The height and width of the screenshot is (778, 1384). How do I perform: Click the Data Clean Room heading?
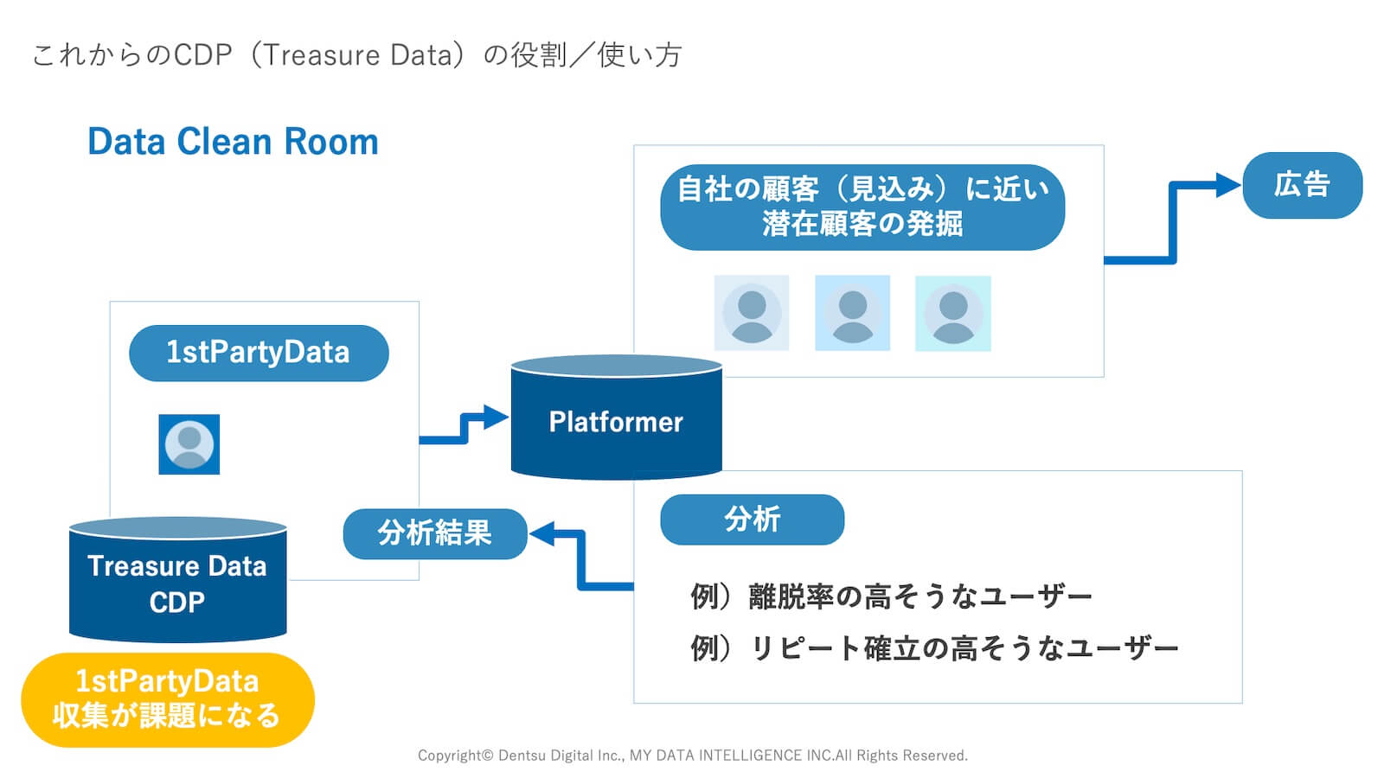pos(233,142)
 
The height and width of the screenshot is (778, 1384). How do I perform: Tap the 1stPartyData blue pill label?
pos(259,353)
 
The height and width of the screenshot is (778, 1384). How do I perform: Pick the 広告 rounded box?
pos(1302,185)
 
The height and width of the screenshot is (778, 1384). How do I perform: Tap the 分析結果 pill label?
pos(434,533)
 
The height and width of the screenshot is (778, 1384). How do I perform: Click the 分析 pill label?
pos(752,520)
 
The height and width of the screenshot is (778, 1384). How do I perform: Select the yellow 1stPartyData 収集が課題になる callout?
pos(167,699)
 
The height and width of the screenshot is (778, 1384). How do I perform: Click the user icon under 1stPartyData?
pos(189,444)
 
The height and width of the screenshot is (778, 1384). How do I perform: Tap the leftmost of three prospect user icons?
pos(751,313)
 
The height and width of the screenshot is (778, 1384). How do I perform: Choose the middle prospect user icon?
pos(852,313)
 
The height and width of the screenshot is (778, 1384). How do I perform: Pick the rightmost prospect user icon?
pos(952,313)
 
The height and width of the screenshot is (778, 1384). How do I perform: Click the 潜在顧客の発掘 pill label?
pos(862,207)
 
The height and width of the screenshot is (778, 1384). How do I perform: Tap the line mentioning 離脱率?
pos(891,596)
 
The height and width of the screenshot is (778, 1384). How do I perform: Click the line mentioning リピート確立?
pos(934,648)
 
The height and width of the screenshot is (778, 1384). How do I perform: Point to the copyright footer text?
pos(692,756)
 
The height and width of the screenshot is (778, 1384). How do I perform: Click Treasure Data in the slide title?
pos(357,55)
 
